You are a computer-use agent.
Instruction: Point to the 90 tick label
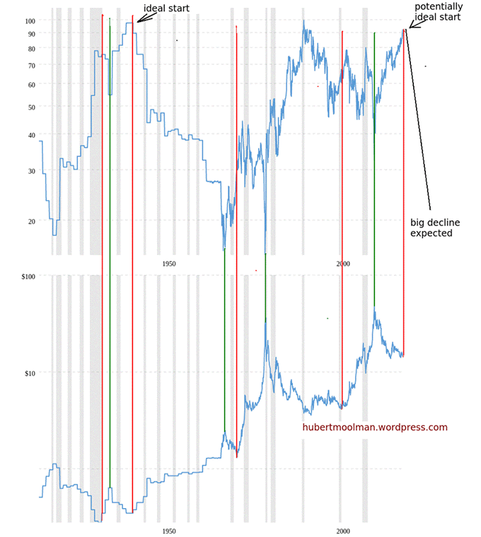31,33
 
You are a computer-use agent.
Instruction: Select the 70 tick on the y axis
31,65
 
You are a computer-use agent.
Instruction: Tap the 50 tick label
31,107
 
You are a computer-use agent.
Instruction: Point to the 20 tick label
31,221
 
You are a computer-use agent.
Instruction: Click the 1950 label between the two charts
168,264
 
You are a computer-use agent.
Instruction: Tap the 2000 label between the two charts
342,264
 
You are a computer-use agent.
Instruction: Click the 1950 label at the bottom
168,530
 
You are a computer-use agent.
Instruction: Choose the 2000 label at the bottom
342,530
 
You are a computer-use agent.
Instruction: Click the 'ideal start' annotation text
166,8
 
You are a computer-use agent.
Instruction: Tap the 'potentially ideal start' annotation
439,11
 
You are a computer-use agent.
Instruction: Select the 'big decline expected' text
431,227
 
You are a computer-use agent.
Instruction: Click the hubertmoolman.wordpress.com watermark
375,427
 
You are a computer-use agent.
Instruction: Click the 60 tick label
31,85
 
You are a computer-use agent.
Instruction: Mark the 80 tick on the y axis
31,49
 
